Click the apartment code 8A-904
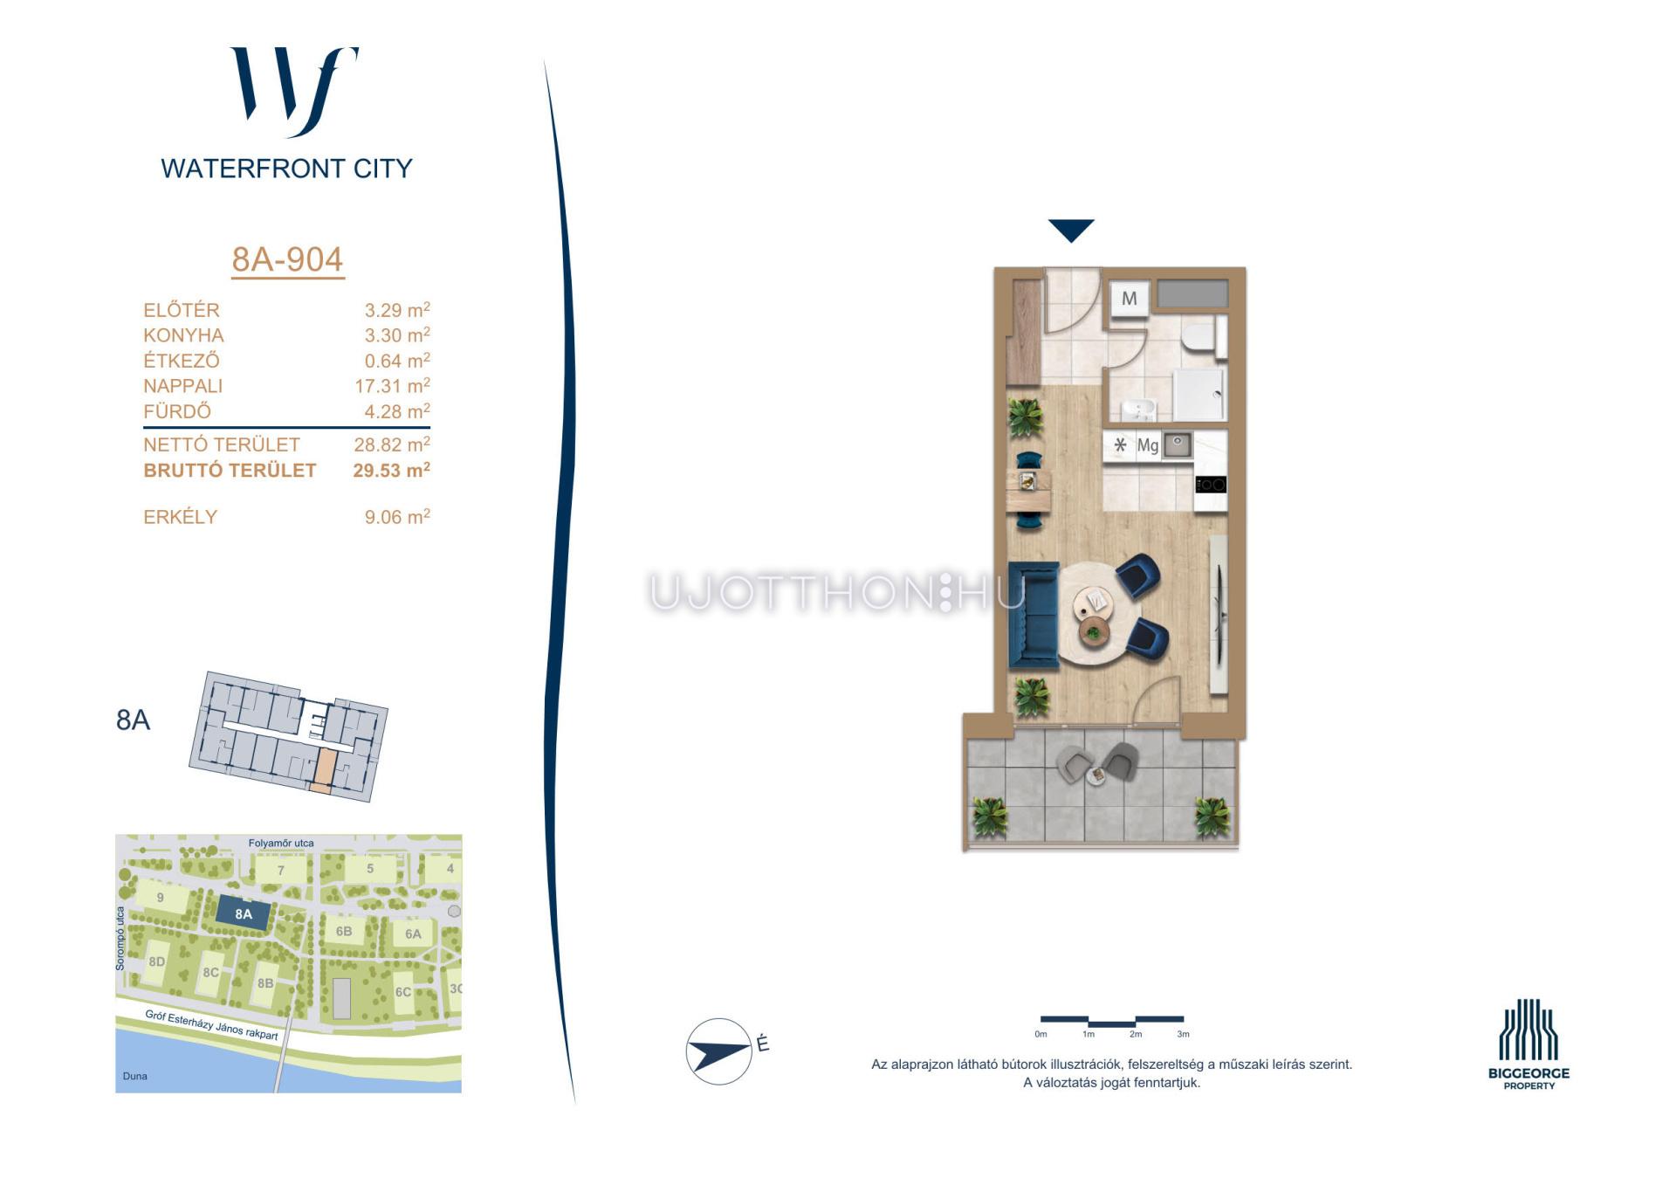[287, 259]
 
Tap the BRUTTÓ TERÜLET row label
[230, 470]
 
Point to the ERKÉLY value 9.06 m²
[397, 516]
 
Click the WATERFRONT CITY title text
[286, 169]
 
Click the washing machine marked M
[1130, 299]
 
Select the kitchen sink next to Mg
[1178, 445]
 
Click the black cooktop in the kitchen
[1211, 484]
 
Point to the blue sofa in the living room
[1034, 616]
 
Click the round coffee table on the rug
[1092, 601]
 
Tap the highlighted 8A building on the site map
[244, 914]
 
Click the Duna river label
[135, 1076]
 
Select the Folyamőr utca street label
[281, 843]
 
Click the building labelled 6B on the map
[344, 932]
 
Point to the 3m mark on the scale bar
[1183, 1034]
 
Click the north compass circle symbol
[719, 1051]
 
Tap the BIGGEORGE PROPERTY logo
[1528, 1044]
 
